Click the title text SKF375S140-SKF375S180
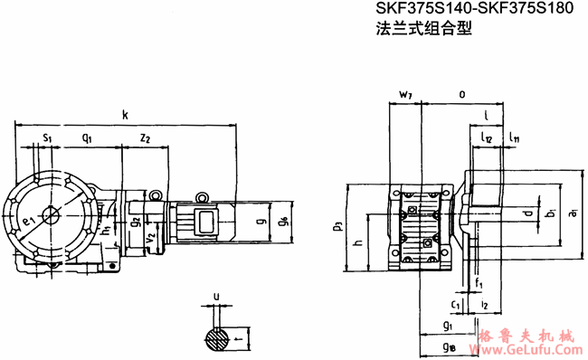[468, 10]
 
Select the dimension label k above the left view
[125, 114]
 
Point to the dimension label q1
[88, 137]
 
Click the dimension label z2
[145, 137]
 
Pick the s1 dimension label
[47, 137]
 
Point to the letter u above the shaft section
[215, 296]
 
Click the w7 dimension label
[404, 94]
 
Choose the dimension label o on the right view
[462, 93]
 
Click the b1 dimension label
[550, 213]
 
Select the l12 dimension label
[487, 138]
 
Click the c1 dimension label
[456, 306]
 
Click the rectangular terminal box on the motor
[204, 220]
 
